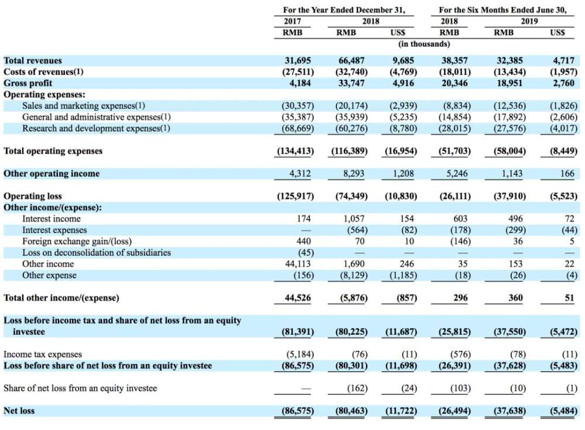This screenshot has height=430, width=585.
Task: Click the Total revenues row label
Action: click(33, 60)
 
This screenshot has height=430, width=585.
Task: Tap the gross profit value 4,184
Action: click(300, 83)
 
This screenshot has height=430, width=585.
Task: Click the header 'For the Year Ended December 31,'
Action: click(343, 10)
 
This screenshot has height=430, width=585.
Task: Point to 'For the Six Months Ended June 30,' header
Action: click(503, 10)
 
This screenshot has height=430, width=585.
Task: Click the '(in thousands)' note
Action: click(424, 44)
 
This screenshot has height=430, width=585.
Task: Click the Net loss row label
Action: click(19, 411)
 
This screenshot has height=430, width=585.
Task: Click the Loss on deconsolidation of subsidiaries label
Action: click(97, 253)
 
